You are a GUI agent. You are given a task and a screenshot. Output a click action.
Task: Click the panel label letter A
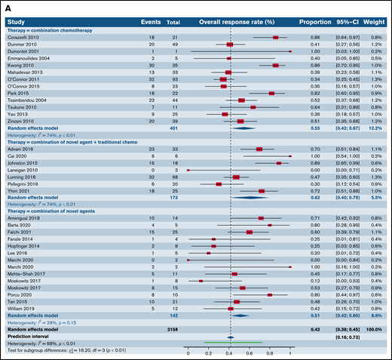5,5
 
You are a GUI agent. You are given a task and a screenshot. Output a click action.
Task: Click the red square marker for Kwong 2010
275,65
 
